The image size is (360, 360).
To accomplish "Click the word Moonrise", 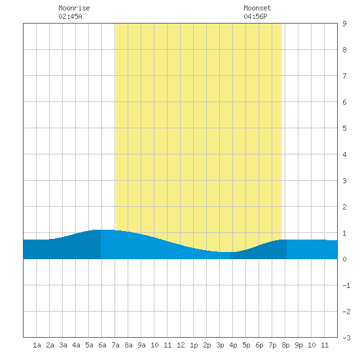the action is click(x=74, y=8).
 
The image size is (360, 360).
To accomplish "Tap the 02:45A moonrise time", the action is click(x=70, y=16).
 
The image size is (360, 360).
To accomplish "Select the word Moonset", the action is click(x=257, y=8).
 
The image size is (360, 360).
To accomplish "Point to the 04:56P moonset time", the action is click(x=255, y=16).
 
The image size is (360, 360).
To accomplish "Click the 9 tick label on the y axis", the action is click(x=344, y=24).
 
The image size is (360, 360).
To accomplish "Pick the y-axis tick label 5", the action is click(x=344, y=128).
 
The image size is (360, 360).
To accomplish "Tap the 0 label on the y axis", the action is click(x=344, y=259).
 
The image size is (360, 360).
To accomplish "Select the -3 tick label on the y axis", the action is click(x=346, y=338).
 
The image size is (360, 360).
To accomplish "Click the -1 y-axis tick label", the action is click(x=346, y=285).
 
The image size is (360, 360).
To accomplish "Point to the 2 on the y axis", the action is click(x=344, y=207).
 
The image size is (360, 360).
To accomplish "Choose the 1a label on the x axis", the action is click(x=37, y=345).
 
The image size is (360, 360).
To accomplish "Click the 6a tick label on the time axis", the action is click(x=102, y=345).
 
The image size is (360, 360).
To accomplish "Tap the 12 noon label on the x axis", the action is click(x=181, y=345).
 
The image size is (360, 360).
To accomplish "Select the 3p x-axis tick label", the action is click(x=220, y=345).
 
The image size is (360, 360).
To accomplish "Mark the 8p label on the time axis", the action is click(x=285, y=345).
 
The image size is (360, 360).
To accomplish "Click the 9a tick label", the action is click(x=141, y=345).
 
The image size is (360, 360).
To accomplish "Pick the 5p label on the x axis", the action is click(x=246, y=345).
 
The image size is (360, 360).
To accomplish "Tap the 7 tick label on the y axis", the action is click(x=344, y=76).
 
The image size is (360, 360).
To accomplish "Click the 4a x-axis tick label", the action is click(x=76, y=345).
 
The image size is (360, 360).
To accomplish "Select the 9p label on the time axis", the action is click(x=298, y=345).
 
